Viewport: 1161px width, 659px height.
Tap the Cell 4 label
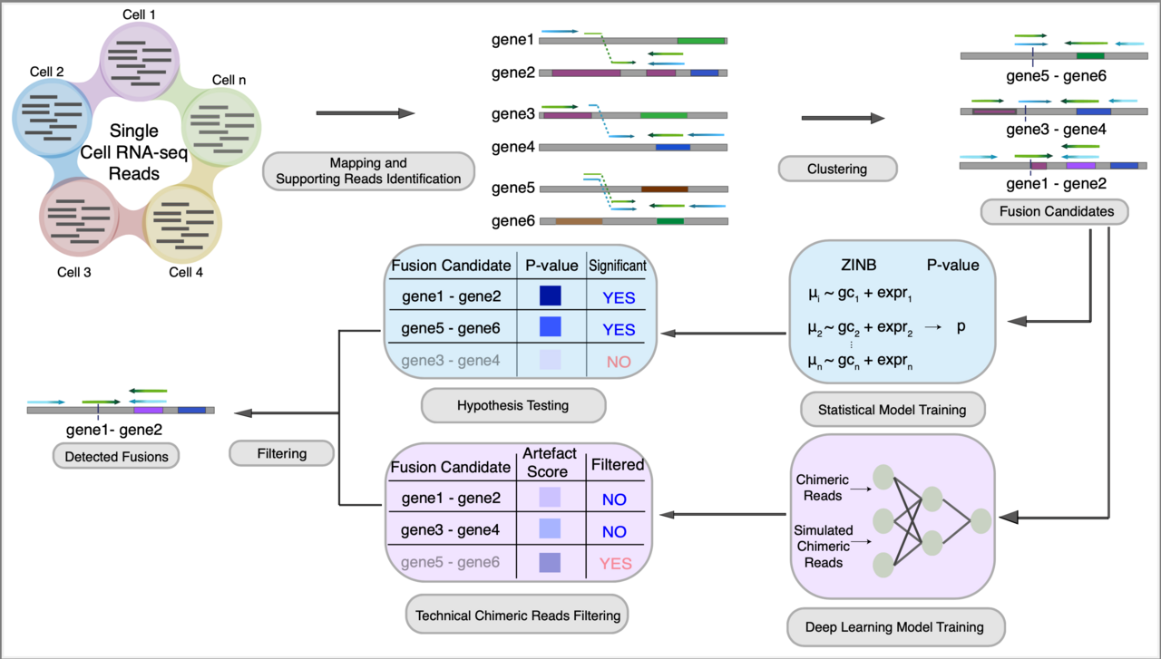point(185,271)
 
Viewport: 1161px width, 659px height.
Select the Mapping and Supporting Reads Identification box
point(368,171)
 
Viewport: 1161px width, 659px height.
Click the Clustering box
point(837,169)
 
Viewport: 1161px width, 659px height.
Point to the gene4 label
point(514,147)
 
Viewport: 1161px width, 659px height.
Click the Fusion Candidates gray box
point(1053,212)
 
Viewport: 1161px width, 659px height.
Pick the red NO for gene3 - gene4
point(619,362)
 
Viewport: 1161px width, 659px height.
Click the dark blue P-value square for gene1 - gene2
point(551,296)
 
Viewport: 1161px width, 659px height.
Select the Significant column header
point(618,266)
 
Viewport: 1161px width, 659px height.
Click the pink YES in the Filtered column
point(615,563)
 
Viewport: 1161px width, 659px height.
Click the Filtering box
point(280,453)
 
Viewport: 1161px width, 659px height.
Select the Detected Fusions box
point(116,456)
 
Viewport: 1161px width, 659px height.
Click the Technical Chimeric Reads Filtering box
point(518,615)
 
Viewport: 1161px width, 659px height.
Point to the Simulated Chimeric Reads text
point(822,546)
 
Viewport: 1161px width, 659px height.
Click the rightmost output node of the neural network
point(981,521)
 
